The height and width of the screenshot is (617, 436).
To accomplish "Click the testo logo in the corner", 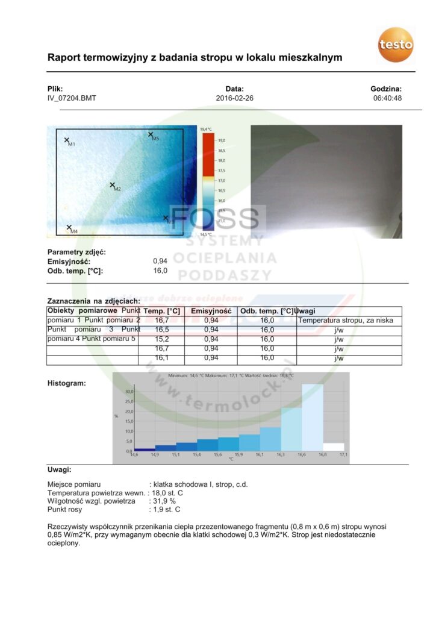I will click(x=396, y=43).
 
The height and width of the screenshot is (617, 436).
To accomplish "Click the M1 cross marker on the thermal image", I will click(x=67, y=140).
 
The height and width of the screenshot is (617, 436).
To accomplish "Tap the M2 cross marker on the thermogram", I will click(x=112, y=185).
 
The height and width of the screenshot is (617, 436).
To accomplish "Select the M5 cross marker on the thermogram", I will click(x=150, y=134).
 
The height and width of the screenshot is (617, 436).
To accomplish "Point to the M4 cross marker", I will click(x=69, y=227).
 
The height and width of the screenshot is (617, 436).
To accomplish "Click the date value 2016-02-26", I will click(x=234, y=98).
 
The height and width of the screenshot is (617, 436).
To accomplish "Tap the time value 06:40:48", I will click(x=387, y=98).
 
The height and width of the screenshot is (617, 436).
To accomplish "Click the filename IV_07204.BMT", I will click(x=72, y=98).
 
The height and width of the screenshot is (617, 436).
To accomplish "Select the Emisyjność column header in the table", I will click(x=211, y=311).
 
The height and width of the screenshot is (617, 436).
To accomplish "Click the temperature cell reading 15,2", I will click(x=162, y=339).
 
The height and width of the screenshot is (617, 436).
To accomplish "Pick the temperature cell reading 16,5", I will click(x=162, y=330).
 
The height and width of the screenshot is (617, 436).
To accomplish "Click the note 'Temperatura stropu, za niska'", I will click(x=345, y=321).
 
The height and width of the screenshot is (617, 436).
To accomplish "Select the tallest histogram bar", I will click(x=313, y=417).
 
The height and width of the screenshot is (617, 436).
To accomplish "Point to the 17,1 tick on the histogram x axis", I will click(x=344, y=454).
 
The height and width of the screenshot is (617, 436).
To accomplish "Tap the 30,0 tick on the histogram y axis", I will click(x=128, y=392).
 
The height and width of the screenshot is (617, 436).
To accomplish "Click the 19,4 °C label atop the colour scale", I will click(x=206, y=129).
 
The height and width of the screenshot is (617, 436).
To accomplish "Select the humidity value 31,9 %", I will click(x=162, y=501).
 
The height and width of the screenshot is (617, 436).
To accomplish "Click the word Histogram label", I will click(x=66, y=383).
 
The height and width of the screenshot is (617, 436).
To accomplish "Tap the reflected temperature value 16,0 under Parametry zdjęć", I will click(x=160, y=271).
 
